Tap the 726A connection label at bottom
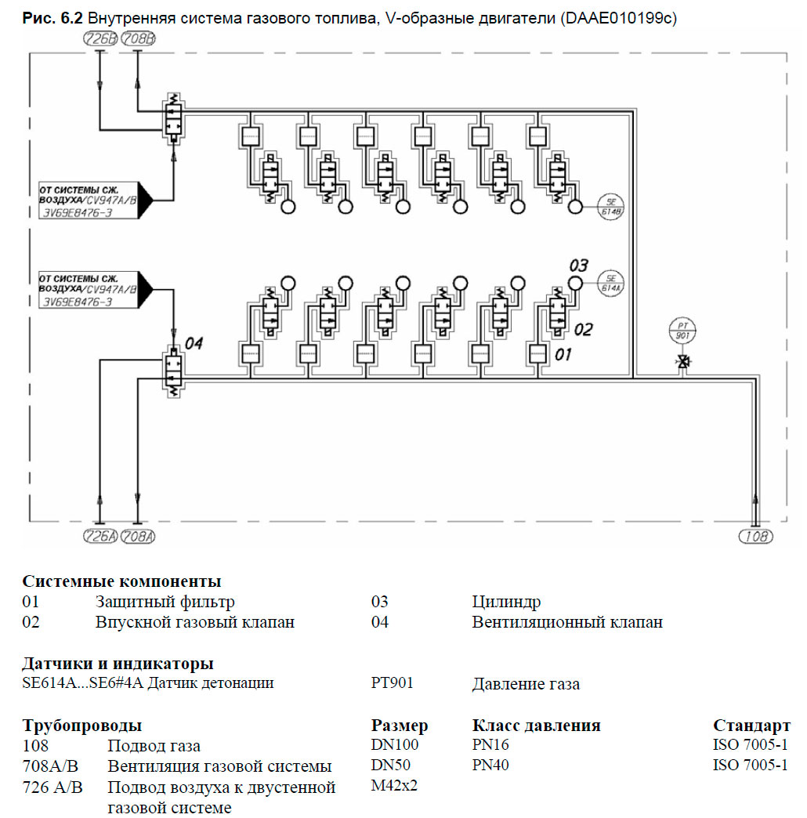(x=100, y=537)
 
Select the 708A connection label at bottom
(x=139, y=537)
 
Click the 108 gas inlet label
(x=755, y=537)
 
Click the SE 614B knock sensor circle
(x=611, y=206)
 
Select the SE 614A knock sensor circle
(x=611, y=282)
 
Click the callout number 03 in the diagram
(x=578, y=264)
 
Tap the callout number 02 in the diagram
(x=583, y=329)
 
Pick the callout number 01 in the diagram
(x=563, y=355)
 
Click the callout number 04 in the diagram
(x=194, y=343)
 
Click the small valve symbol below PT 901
(x=682, y=362)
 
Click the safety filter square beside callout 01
(x=538, y=352)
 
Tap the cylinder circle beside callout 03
(x=575, y=283)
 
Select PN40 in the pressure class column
(x=490, y=765)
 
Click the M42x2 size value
(x=395, y=784)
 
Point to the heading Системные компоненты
(x=121, y=581)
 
